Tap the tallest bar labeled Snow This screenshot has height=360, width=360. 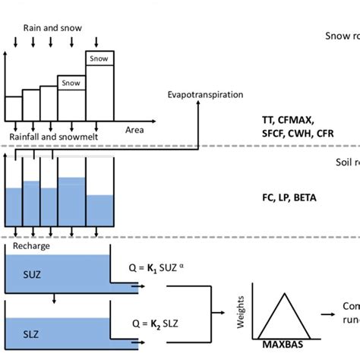pos(99,58)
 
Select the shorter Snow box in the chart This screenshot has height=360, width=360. pos(71,83)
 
